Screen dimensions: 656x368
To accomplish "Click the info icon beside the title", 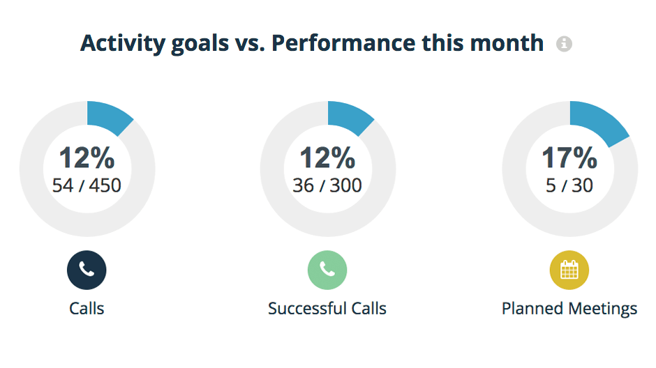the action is tap(564, 43).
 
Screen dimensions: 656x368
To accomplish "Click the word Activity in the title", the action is tap(123, 43).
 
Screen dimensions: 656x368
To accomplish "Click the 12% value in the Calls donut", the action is tap(87, 158).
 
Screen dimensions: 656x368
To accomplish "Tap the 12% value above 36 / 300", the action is tap(327, 158).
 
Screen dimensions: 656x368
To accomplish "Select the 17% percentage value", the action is tap(569, 158).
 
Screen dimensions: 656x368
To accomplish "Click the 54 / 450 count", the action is tap(87, 185).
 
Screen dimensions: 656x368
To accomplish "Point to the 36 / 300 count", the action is tap(327, 185).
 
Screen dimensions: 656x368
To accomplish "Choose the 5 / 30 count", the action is tap(569, 185).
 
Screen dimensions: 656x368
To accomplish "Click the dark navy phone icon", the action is tap(87, 270).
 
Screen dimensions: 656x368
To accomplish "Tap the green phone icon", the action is tap(327, 270).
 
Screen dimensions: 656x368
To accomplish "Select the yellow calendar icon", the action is tap(569, 270).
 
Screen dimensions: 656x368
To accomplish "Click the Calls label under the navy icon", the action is tap(87, 308).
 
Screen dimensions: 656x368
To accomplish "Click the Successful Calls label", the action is tap(327, 308).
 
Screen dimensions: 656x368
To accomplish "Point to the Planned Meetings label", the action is tap(569, 309).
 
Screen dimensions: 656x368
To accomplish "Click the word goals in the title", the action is tap(200, 44).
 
